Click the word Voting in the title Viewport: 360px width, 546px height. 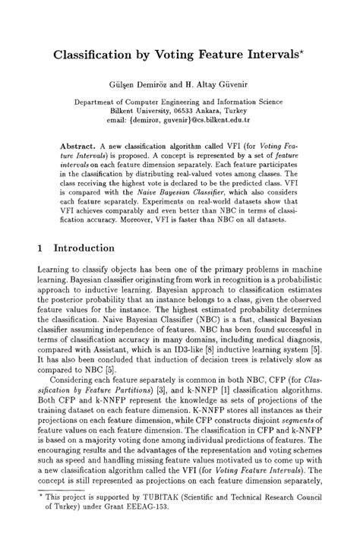click(x=177, y=55)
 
